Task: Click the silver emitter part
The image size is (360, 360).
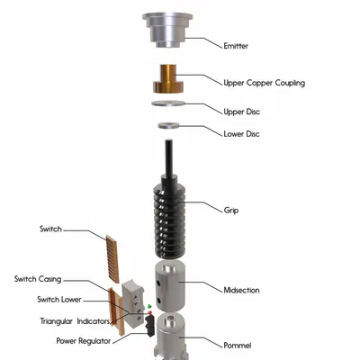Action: pyautogui.click(x=167, y=30)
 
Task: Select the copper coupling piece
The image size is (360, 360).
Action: pyautogui.click(x=167, y=78)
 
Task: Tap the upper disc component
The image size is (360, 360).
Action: pyautogui.click(x=168, y=103)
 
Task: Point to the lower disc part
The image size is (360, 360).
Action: pyautogui.click(x=168, y=125)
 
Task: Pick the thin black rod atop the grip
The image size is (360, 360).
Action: pyautogui.click(x=168, y=157)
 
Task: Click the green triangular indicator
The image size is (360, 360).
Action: pyautogui.click(x=149, y=306)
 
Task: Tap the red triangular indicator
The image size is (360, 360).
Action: pyautogui.click(x=150, y=312)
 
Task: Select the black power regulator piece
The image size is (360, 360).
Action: pyautogui.click(x=149, y=326)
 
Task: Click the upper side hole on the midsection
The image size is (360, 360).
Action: pyautogui.click(x=158, y=283)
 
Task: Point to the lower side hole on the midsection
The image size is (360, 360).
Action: pyautogui.click(x=158, y=300)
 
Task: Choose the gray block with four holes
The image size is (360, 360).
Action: pyautogui.click(x=133, y=303)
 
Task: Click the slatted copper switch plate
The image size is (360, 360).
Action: pyautogui.click(x=112, y=259)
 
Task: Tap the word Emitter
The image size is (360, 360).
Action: pyautogui.click(x=236, y=46)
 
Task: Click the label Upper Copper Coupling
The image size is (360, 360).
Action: pyautogui.click(x=265, y=83)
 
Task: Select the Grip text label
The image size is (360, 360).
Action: pyautogui.click(x=231, y=210)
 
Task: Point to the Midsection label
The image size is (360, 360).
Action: pyautogui.click(x=241, y=290)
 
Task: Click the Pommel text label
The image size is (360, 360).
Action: pyautogui.click(x=238, y=346)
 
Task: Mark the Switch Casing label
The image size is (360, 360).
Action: pyautogui.click(x=38, y=279)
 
